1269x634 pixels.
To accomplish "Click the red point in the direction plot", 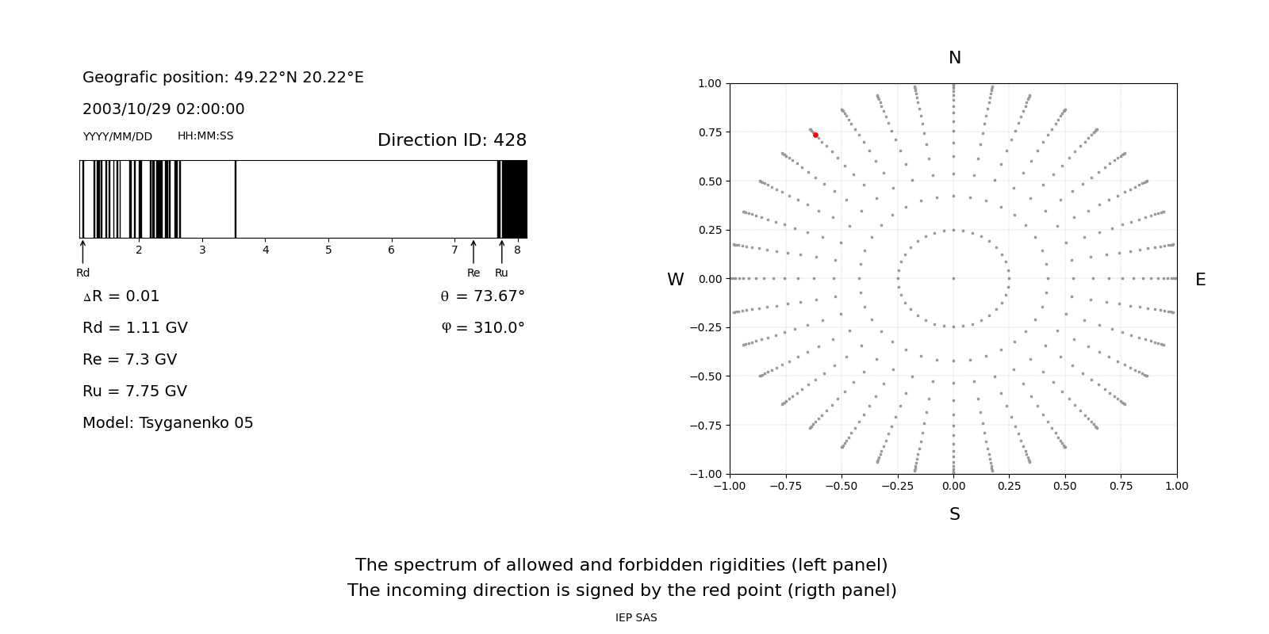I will coord(815,136).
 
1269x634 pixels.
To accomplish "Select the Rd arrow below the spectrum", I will coord(82,251).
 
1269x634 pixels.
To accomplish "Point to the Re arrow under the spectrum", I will coord(473,252).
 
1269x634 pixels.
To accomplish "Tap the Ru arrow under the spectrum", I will coord(501,252).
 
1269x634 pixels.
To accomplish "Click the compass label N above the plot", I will coord(954,58).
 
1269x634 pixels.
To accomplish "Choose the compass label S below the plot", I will coord(954,514).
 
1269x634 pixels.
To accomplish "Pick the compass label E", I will coord(1200,280).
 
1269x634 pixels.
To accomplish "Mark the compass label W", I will coord(675,280).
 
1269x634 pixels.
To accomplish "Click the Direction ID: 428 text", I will coord(451,140).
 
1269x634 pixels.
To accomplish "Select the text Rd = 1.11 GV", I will coord(135,328).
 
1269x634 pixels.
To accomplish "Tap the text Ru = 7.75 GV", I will coord(135,391).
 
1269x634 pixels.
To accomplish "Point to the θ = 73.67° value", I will coord(482,296).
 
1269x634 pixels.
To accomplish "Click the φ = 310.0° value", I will coord(482,328).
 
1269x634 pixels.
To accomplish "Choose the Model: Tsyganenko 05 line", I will coord(167,423).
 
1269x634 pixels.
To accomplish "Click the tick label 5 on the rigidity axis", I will coord(328,250).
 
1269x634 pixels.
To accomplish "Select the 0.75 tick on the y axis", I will coord(709,132).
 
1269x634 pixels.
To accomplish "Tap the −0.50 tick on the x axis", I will coord(842,486).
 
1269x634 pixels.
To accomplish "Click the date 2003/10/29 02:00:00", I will coord(163,109).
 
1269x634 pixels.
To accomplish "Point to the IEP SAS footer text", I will coord(636,618).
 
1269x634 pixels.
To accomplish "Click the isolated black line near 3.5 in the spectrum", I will coord(236,199).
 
